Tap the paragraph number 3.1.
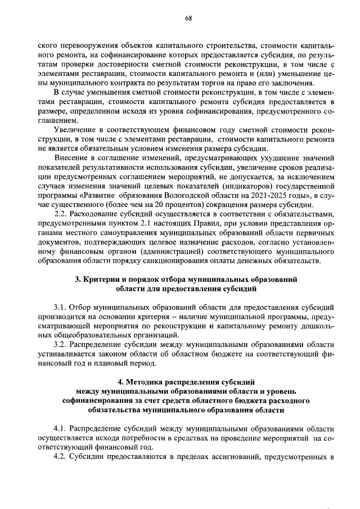tap(61, 308)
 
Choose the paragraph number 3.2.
tap(61, 344)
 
